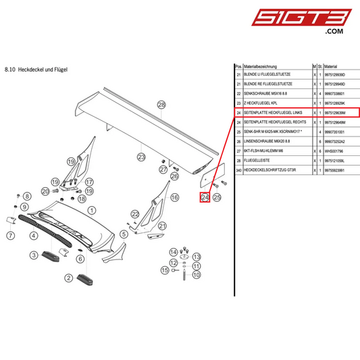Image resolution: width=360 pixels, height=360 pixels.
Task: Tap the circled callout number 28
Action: tap(161, 105)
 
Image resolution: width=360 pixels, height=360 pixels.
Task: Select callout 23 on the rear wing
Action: tap(141, 157)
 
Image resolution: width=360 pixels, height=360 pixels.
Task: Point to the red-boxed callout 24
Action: tap(205, 197)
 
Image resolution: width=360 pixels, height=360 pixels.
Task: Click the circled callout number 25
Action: tap(217, 197)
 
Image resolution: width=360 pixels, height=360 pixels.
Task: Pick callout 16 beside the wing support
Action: tap(174, 197)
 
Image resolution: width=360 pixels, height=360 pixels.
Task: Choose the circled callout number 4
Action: tap(33, 236)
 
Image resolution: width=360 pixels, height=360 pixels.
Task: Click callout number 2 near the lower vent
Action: tap(68, 277)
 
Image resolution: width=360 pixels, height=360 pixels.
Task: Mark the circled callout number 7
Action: tap(11, 236)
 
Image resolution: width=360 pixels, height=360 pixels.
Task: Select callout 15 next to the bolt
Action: tap(164, 270)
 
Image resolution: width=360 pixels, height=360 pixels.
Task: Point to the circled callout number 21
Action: tap(161, 226)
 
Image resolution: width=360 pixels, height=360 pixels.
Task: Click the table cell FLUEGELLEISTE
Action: tap(261, 162)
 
